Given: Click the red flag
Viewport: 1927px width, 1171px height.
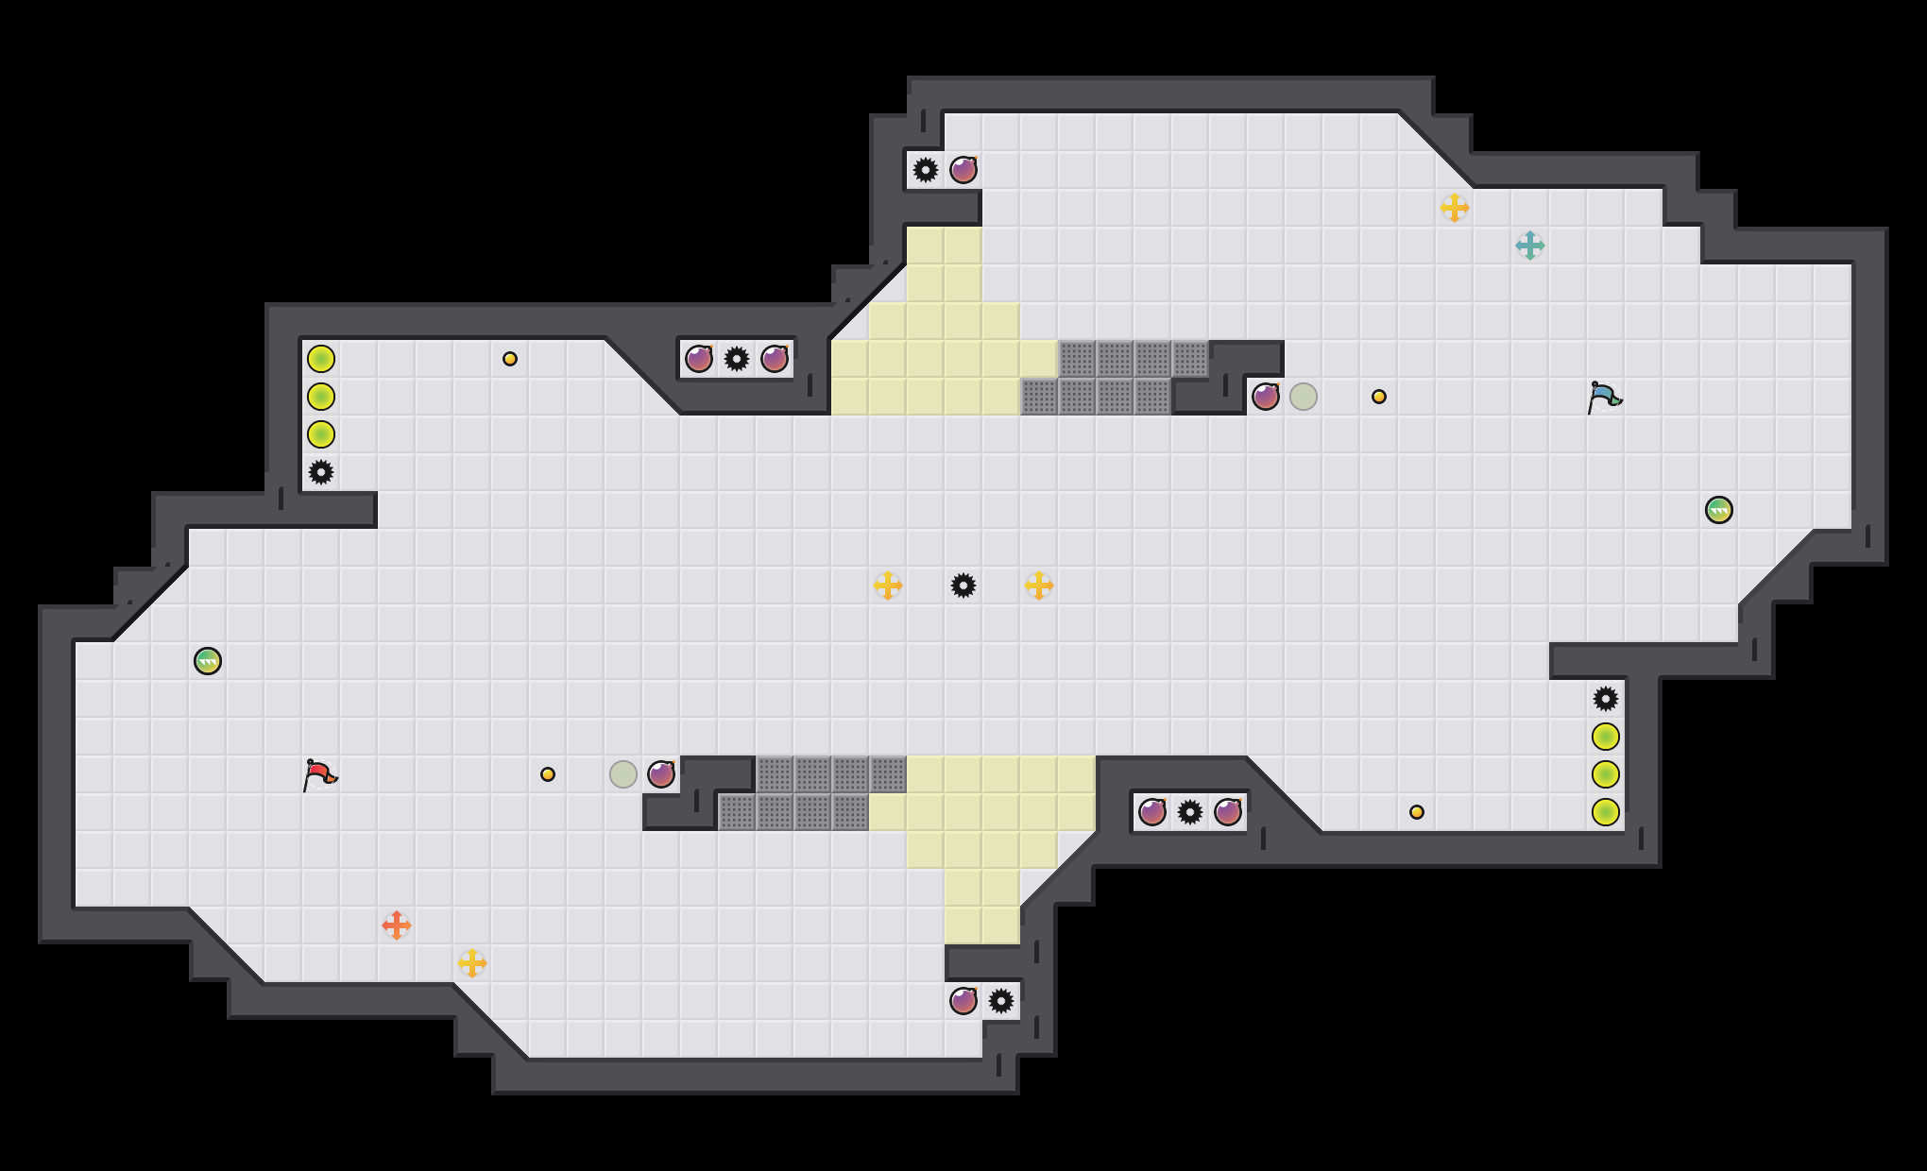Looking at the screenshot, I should (319, 774).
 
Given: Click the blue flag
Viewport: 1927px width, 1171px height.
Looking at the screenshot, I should (1603, 397).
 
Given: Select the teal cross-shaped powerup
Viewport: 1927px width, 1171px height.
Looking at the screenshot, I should (1529, 246).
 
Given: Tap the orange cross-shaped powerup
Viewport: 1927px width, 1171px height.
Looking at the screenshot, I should (396, 925).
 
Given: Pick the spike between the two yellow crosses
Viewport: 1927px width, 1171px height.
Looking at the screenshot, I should (963, 585).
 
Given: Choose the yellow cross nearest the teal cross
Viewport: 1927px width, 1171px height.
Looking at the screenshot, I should (1454, 208).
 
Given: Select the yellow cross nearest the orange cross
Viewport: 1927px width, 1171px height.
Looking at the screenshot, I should (471, 963).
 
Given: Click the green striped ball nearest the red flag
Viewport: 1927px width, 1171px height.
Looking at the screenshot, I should (208, 661).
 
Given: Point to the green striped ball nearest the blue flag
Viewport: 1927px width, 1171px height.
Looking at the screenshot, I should (1718, 510).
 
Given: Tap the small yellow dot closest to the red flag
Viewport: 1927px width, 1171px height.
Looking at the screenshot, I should (548, 774).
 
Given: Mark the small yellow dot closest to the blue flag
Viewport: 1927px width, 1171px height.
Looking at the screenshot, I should (1379, 397).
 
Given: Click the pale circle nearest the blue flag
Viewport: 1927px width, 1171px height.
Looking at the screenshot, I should (1304, 397).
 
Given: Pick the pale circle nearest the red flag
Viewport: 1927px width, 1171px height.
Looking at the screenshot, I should (623, 774).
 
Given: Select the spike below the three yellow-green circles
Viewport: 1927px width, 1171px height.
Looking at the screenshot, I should (321, 472).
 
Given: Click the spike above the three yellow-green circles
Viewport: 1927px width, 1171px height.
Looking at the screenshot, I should (1606, 699).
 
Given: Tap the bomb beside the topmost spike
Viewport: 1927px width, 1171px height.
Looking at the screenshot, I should (963, 170).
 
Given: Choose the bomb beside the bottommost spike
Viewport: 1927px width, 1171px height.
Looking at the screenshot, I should (963, 1001).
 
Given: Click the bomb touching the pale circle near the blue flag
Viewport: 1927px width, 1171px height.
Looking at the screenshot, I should (1266, 397).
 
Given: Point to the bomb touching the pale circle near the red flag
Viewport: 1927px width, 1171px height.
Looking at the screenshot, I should (661, 774).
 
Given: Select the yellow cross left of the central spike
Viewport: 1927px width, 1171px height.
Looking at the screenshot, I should (887, 585).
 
